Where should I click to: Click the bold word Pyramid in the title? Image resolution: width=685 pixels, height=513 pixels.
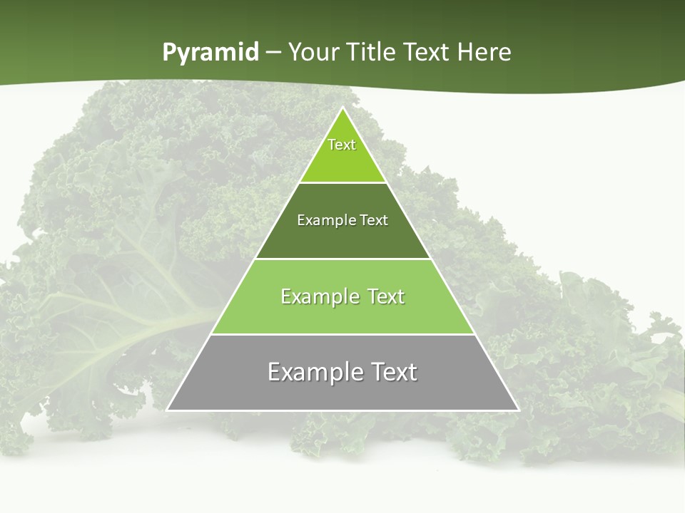tap(210, 53)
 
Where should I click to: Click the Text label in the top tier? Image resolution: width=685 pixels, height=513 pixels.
tap(342, 145)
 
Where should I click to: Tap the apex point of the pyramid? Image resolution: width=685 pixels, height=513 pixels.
tap(342, 108)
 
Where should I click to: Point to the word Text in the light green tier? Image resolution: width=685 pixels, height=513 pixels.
tap(386, 297)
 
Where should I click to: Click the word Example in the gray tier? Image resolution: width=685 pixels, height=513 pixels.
tap(313, 373)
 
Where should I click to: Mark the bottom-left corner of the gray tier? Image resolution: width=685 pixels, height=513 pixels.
tap(168, 410)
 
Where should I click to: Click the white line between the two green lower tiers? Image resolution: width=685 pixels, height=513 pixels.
tap(342, 259)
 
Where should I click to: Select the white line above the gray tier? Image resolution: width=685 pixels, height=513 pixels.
tap(342, 334)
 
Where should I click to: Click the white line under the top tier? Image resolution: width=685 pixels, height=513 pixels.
tap(342, 183)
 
